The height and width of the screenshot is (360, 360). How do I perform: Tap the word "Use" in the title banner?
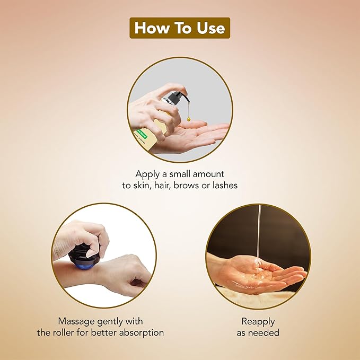[x=211, y=28]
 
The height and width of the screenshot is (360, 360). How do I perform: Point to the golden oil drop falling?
[x=189, y=119]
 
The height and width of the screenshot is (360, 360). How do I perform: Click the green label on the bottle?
[x=141, y=134]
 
